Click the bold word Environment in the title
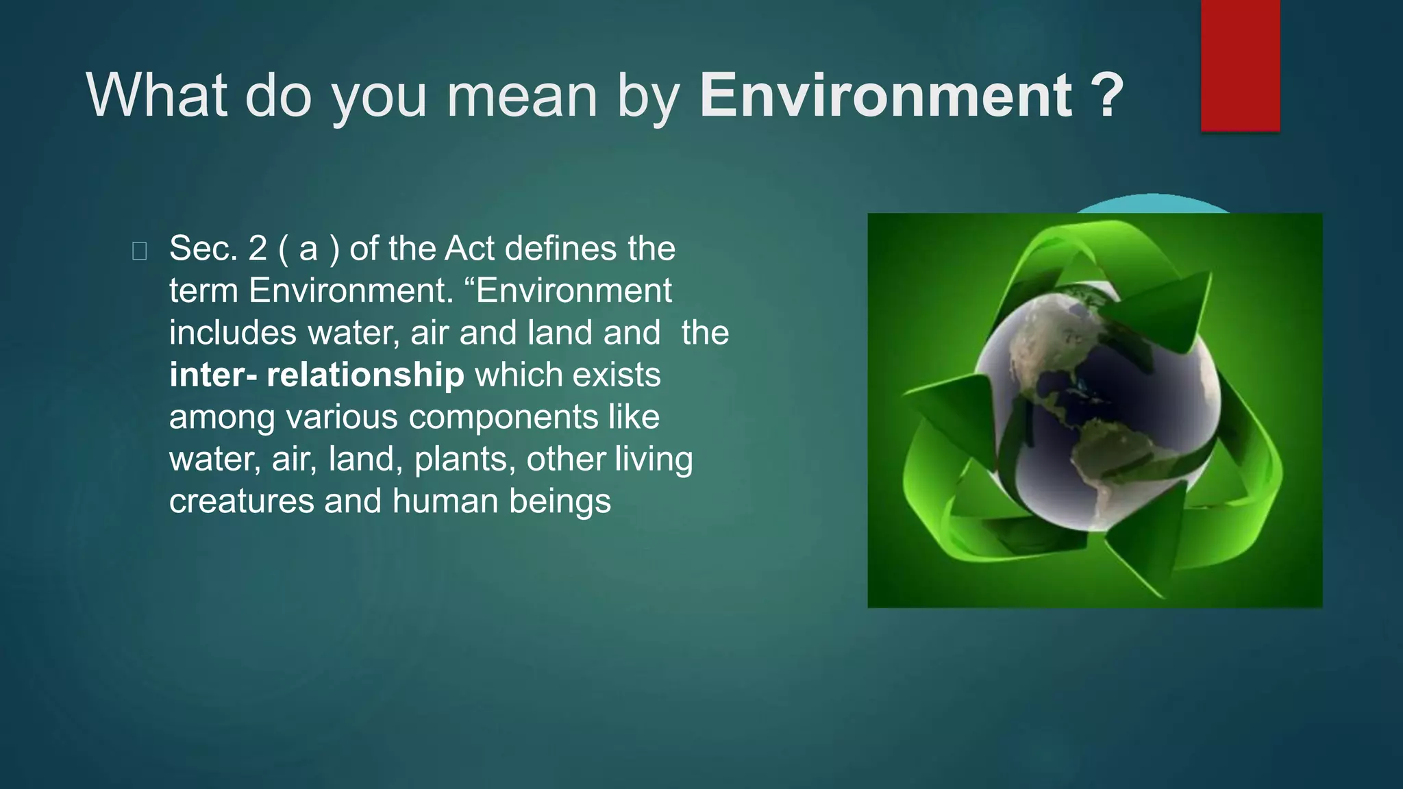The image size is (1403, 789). point(885,96)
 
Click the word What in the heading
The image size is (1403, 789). point(156,96)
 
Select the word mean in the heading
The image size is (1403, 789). point(522,97)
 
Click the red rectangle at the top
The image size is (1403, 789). point(1240,65)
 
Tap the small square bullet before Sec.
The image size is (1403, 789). point(139,251)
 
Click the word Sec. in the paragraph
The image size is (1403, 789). point(203,249)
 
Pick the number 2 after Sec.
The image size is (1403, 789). point(258,249)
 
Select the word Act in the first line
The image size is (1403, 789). point(469,249)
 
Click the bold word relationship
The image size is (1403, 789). point(365,375)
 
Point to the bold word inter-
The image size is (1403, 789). point(213,375)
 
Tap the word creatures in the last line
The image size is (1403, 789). point(241,501)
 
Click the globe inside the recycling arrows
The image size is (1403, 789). point(1096,411)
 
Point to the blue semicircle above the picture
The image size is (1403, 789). point(1153,204)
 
